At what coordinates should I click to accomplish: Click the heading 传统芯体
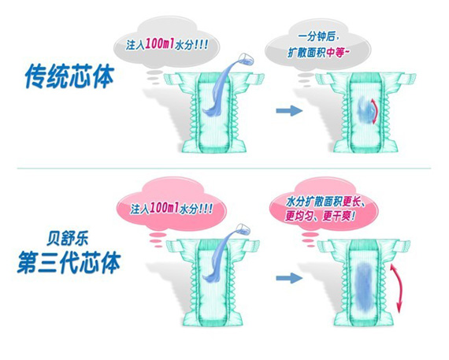pyautogui.click(x=69, y=76)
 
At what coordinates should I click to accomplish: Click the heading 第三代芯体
pyautogui.click(x=69, y=262)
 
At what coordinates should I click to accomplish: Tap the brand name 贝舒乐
pyautogui.click(x=67, y=239)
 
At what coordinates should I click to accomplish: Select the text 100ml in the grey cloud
pyautogui.click(x=160, y=44)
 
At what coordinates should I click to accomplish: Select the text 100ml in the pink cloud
pyautogui.click(x=165, y=207)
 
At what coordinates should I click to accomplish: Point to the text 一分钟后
pyautogui.click(x=318, y=37)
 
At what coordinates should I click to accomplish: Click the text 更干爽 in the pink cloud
pyautogui.click(x=338, y=216)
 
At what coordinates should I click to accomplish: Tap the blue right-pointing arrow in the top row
pyautogui.click(x=289, y=110)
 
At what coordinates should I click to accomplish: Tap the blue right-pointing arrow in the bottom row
pyautogui.click(x=289, y=277)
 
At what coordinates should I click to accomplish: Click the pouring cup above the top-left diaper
pyautogui.click(x=246, y=58)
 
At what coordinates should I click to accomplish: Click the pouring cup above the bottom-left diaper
pyautogui.click(x=243, y=228)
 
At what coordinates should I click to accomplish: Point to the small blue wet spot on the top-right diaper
pyautogui.click(x=365, y=110)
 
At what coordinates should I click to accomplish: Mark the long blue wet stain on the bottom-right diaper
pyautogui.click(x=365, y=287)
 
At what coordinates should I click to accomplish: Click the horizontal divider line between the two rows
pyautogui.click(x=224, y=168)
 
